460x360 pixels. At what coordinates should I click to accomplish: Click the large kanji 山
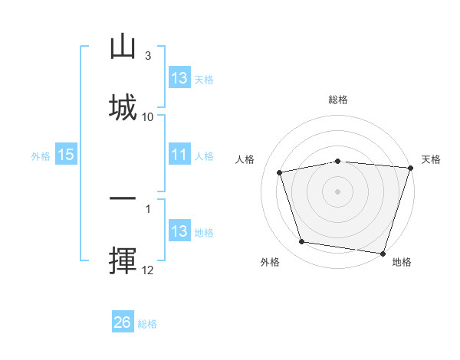click(x=123, y=46)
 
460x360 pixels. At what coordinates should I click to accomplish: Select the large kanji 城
click(x=123, y=107)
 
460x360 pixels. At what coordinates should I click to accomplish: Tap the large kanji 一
click(x=123, y=198)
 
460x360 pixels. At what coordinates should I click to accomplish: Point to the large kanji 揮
click(x=123, y=260)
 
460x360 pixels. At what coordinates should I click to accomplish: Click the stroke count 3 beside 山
click(x=148, y=56)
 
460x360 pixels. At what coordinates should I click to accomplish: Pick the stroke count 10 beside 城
click(x=147, y=117)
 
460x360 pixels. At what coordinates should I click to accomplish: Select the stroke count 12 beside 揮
click(x=147, y=270)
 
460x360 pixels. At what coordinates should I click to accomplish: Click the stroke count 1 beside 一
click(x=148, y=209)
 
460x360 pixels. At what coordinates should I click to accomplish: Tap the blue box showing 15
click(x=66, y=154)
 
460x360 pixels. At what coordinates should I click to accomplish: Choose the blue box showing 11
click(x=180, y=154)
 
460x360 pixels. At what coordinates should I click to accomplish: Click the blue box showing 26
click(x=123, y=321)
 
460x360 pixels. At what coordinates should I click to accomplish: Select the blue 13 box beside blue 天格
click(x=180, y=77)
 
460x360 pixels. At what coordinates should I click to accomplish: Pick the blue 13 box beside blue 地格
click(x=180, y=230)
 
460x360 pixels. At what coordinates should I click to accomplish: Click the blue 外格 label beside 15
click(x=41, y=156)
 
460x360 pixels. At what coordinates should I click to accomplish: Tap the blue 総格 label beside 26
click(x=147, y=324)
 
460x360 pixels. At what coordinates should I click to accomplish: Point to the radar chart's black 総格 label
click(x=338, y=100)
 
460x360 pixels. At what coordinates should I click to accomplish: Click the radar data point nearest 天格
click(x=411, y=168)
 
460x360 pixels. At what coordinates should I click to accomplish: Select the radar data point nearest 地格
click(x=383, y=254)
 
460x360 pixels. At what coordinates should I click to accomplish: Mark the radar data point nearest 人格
click(x=280, y=172)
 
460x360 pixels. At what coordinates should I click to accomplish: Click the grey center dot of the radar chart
click(x=337, y=191)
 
